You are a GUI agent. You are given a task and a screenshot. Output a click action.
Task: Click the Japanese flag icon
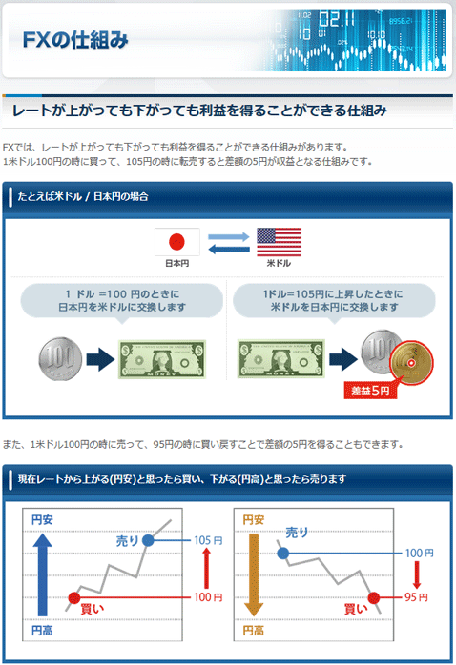(177, 242)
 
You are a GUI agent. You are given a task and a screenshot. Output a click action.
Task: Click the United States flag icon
(279, 242)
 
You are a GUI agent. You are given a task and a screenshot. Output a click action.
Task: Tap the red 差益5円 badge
(370, 391)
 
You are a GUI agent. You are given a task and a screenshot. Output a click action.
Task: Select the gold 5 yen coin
(411, 363)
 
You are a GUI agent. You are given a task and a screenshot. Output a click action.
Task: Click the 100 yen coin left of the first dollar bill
(60, 359)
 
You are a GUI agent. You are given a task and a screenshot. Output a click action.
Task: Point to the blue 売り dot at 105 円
(148, 540)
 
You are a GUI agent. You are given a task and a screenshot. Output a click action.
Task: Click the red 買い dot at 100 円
(74, 597)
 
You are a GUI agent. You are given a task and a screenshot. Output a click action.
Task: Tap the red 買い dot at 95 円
(374, 597)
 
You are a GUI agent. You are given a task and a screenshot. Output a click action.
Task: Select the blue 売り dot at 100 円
(283, 553)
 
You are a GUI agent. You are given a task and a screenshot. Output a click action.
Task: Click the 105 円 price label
(208, 540)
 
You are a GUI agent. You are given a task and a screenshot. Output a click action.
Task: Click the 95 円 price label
(416, 597)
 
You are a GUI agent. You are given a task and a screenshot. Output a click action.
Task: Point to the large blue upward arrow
(43, 574)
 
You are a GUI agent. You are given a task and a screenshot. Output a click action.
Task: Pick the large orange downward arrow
(254, 574)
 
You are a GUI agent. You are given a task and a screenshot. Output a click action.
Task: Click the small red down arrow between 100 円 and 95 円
(417, 575)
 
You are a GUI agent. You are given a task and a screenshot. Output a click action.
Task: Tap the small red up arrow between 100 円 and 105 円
(207, 569)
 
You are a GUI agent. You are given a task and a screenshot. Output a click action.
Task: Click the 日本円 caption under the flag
(177, 263)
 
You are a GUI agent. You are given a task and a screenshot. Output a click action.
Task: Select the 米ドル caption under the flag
(279, 263)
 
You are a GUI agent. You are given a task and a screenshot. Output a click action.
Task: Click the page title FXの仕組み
(75, 40)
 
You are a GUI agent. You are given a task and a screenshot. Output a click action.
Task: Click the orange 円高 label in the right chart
(254, 630)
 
